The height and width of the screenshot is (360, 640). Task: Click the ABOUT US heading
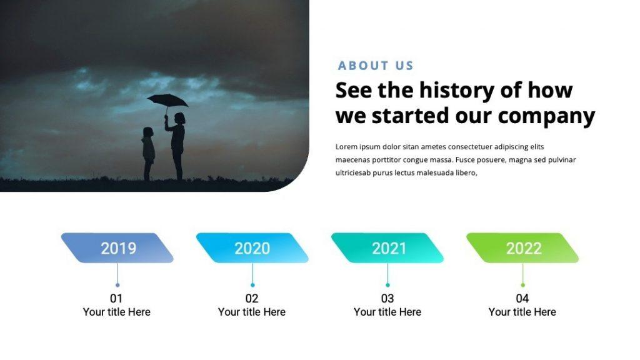coord(376,66)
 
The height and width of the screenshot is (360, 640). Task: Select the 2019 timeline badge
coord(117,248)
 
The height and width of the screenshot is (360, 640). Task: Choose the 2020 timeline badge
coord(252,248)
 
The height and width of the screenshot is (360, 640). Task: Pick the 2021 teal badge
coord(388,248)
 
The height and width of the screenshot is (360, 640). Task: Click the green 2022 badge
coord(523,248)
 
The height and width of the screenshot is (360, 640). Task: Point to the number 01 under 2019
coord(116,298)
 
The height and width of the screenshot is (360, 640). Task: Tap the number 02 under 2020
coord(252,298)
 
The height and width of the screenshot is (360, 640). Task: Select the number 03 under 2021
coord(387,298)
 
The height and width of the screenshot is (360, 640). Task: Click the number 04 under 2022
coord(522,298)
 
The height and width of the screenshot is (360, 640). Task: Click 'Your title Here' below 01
coord(117,312)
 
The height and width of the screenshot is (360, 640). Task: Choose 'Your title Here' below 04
coord(522,312)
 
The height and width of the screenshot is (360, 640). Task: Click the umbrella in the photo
coord(167,100)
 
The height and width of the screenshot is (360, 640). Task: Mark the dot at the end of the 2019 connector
coord(117,285)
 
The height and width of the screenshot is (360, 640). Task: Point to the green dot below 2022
coord(523,285)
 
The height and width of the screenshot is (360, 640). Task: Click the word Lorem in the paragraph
coord(347,147)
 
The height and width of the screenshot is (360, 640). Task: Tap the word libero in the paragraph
coord(464,172)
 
